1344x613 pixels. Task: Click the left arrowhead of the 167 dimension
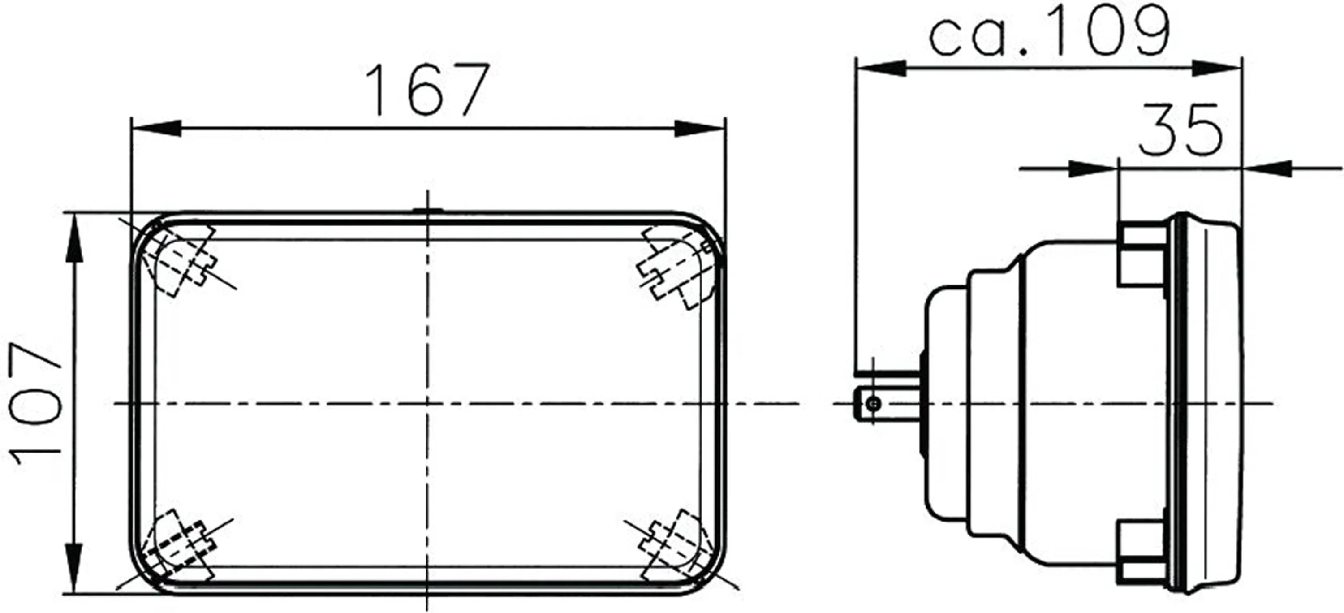click(x=156, y=128)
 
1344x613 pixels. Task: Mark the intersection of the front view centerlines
click(x=427, y=403)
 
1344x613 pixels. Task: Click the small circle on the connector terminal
click(x=875, y=403)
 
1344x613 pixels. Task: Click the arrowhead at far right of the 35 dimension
click(x=1268, y=168)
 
